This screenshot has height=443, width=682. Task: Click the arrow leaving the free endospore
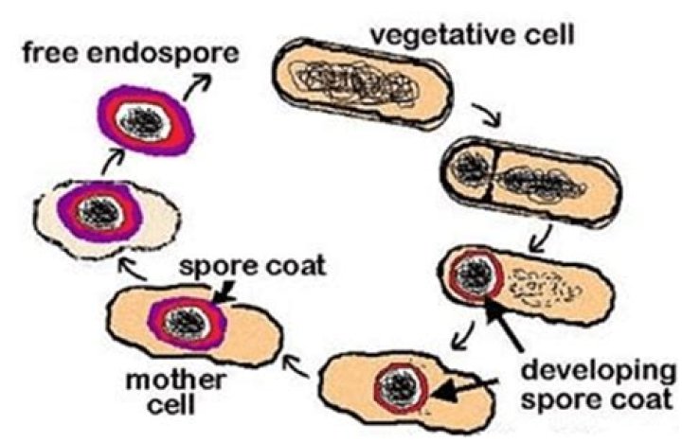(x=195, y=86)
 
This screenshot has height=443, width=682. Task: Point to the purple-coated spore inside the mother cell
(x=188, y=316)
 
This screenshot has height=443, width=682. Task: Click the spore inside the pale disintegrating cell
(x=92, y=209)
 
